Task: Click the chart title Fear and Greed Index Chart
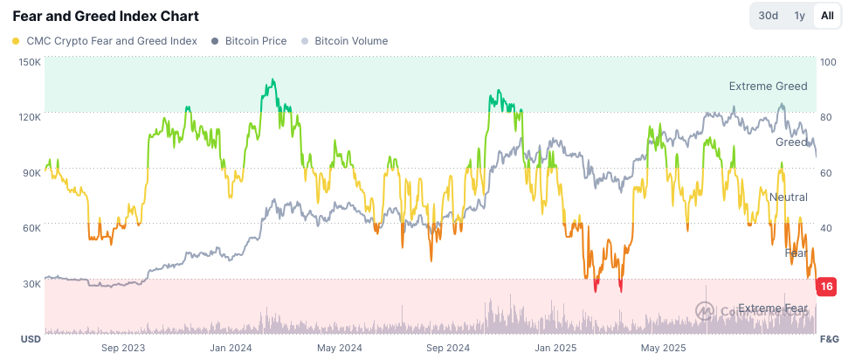[105, 16]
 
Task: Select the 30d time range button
[768, 16]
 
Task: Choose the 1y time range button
[799, 16]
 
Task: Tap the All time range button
[826, 16]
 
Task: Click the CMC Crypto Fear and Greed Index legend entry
[104, 41]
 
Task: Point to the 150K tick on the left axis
[30, 62]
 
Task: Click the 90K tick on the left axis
[31, 173]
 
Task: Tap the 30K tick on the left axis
[31, 284]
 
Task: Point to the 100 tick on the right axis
[830, 62]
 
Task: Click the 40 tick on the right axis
[826, 228]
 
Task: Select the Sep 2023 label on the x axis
[123, 348]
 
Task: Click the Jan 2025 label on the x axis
[555, 348]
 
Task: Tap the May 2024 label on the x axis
[339, 348]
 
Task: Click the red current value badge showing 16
[825, 287]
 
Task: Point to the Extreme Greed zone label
[769, 87]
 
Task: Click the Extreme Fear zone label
[773, 308]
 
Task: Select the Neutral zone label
[788, 197]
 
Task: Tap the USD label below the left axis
[31, 338]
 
